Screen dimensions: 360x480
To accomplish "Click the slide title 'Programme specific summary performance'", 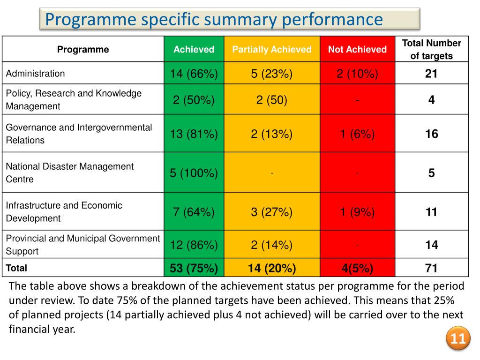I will tap(214, 20).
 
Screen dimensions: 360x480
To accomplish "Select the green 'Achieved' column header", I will tap(194, 50).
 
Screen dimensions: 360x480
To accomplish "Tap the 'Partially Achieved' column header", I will tap(272, 50).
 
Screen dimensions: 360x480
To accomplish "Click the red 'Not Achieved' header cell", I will tap(357, 50).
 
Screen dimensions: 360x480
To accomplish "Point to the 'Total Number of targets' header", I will tap(431, 50).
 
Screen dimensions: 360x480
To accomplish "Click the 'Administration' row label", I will tap(36, 74).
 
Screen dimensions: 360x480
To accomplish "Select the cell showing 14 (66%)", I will tap(194, 74).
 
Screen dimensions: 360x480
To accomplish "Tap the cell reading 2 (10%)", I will tap(357, 74).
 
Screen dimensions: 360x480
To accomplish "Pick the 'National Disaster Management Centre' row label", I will tap(69, 172).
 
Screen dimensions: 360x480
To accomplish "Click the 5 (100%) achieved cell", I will tap(194, 173).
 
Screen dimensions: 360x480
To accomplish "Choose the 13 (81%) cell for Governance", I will tap(194, 134).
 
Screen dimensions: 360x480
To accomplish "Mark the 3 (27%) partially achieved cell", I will tap(272, 212).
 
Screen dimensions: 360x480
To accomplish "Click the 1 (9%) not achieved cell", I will tap(357, 212).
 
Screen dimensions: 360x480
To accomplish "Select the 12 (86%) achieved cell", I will tap(194, 245).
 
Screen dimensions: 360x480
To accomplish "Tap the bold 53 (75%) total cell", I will tap(194, 268).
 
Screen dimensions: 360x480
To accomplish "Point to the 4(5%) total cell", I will tap(357, 268).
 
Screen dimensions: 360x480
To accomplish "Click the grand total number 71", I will tap(431, 268).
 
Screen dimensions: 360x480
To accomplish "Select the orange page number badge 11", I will tap(457, 339).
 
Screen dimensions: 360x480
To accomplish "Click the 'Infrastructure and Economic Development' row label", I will tap(64, 212).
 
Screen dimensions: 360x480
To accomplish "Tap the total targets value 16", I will tap(431, 134).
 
